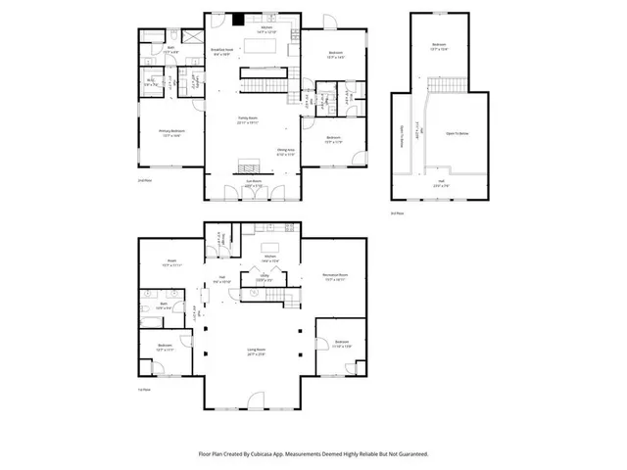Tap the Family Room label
249,120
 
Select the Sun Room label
252,184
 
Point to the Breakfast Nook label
223,54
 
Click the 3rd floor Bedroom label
439,46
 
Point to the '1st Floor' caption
143,390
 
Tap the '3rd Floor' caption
396,212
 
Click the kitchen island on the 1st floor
270,245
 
